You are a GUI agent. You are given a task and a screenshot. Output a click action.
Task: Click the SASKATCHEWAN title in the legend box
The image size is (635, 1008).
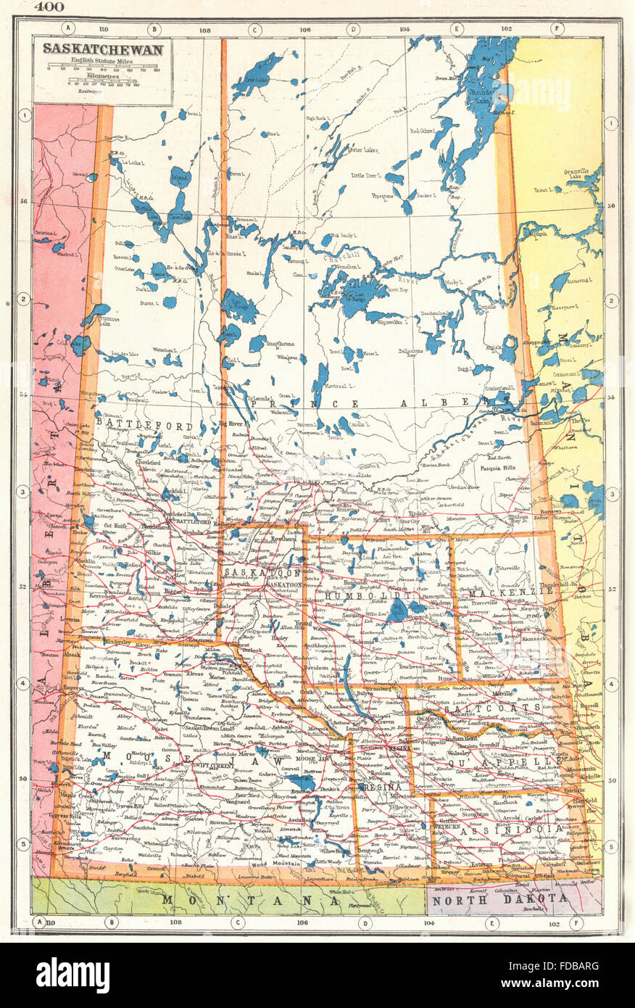(x=102, y=49)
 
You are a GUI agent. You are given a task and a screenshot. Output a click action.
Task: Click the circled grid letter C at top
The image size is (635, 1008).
(x=254, y=29)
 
